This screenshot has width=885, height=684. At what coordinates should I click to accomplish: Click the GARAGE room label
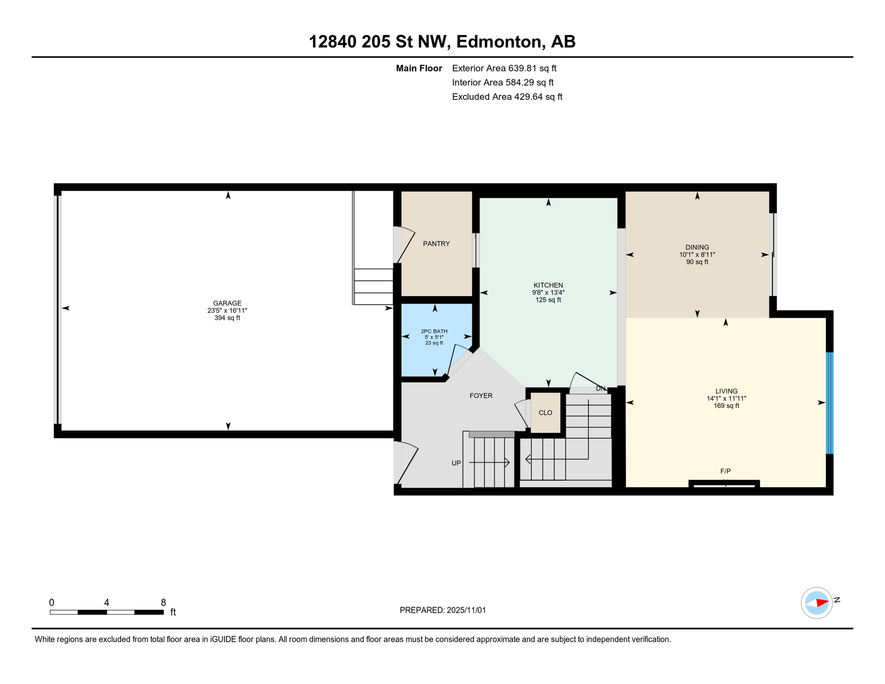[x=227, y=303]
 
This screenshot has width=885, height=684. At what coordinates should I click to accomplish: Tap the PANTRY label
[x=436, y=244]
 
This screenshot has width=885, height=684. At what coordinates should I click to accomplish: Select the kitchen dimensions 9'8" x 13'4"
[x=548, y=293]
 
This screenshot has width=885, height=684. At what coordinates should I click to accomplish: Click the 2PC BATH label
[x=434, y=331]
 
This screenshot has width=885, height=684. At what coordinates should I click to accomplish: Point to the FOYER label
[x=481, y=395]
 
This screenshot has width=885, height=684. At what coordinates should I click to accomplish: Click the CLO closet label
[x=545, y=413]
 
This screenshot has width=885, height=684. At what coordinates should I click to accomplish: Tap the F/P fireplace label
[x=725, y=471]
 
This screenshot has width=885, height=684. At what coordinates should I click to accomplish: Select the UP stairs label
[x=456, y=463]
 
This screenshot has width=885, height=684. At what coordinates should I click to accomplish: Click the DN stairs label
[x=601, y=388]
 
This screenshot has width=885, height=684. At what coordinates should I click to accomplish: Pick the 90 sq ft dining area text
[x=697, y=262]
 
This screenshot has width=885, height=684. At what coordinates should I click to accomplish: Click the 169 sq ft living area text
[x=726, y=406]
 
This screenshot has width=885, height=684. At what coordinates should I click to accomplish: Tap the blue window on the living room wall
[x=829, y=403]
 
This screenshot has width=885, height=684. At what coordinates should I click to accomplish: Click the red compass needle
[x=822, y=603]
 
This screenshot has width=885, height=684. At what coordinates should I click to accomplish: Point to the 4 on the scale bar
[x=106, y=603]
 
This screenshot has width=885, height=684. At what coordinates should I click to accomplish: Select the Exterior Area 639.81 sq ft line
[x=504, y=68]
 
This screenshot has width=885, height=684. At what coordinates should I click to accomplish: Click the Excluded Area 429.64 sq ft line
[x=507, y=97]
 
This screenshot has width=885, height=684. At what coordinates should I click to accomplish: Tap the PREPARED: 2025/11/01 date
[x=442, y=610]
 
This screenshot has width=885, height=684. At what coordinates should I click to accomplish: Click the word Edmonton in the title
[x=500, y=41]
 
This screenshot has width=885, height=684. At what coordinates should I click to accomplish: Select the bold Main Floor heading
[x=418, y=68]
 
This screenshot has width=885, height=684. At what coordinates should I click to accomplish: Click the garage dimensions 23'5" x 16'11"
[x=227, y=310]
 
